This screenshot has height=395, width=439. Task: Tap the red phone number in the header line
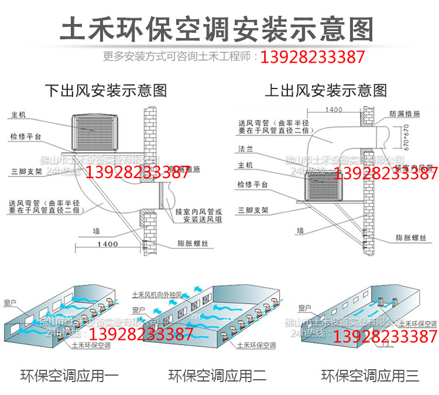coord(313,57)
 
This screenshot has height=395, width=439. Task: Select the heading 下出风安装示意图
coord(106,90)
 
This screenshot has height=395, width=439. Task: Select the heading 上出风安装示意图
coord(326,90)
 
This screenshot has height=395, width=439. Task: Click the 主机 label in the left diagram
coord(19,115)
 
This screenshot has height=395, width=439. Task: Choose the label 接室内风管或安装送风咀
coord(197,214)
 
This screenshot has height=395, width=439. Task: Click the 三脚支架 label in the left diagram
coord(26,172)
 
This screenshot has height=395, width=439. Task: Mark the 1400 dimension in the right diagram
coord(334,110)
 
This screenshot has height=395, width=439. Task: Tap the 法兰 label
coord(245,151)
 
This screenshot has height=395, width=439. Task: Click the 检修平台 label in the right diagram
coord(253,185)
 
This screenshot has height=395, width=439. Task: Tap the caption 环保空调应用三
coord(370,376)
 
